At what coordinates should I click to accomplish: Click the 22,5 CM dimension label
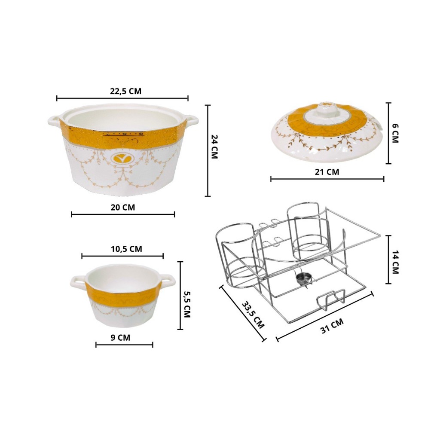click(125, 92)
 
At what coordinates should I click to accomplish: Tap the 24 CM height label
click(214, 147)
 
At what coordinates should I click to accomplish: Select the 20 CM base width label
click(123, 208)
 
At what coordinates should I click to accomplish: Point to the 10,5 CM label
click(126, 249)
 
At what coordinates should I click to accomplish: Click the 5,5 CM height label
click(187, 304)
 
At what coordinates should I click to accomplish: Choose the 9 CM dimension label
click(120, 338)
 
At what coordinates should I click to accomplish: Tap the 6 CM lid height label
click(395, 133)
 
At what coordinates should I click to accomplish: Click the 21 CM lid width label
click(327, 172)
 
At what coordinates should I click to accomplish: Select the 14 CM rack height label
click(395, 263)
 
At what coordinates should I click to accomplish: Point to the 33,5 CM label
click(253, 315)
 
